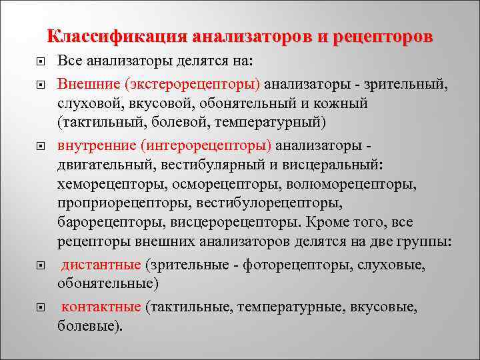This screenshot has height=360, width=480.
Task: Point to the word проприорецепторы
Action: coord(118,202)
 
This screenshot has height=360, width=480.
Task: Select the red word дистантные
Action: coord(101,265)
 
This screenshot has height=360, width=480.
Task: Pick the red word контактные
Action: coord(101,307)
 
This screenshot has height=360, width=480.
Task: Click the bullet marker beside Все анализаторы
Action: coord(41,61)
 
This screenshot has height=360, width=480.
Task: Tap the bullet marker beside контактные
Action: coord(41,308)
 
